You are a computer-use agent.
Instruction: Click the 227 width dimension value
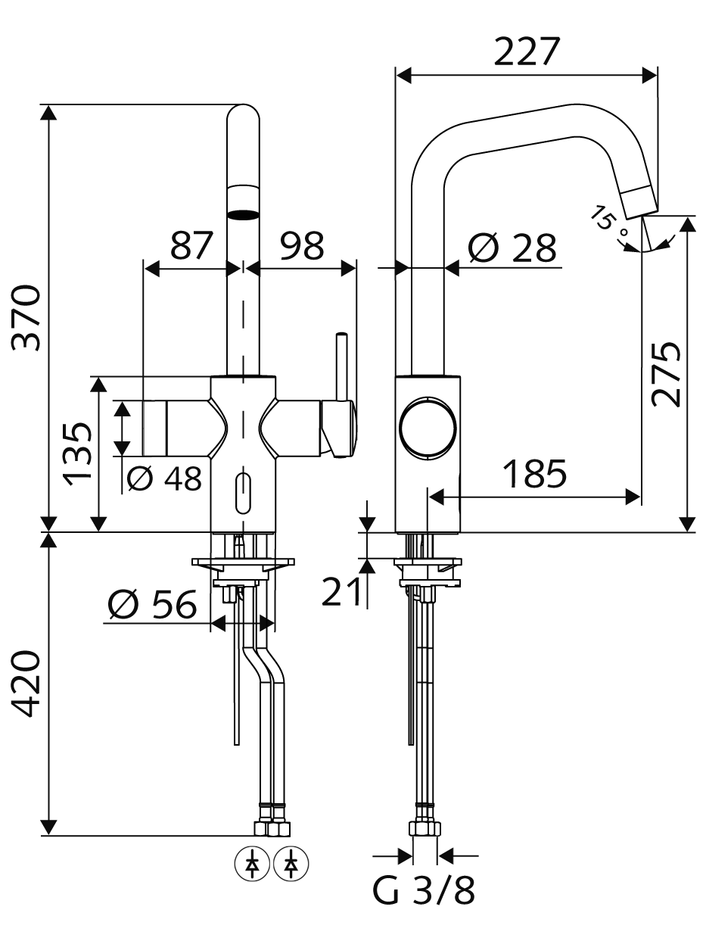(527, 51)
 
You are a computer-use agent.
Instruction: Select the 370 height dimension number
(26, 317)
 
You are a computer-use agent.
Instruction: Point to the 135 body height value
(78, 453)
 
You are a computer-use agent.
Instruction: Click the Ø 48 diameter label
(165, 478)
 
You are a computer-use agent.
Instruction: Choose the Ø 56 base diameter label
(153, 604)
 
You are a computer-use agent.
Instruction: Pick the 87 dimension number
(191, 246)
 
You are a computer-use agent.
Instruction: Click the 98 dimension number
(303, 246)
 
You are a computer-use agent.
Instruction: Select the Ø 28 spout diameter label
(512, 248)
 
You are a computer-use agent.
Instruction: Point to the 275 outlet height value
(667, 374)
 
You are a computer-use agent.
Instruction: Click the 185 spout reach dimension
(534, 473)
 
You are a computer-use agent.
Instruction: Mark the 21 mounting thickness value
(342, 592)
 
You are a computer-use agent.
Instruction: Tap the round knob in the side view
(427, 428)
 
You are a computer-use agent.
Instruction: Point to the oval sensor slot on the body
(243, 493)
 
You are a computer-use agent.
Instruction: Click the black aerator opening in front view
(243, 215)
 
